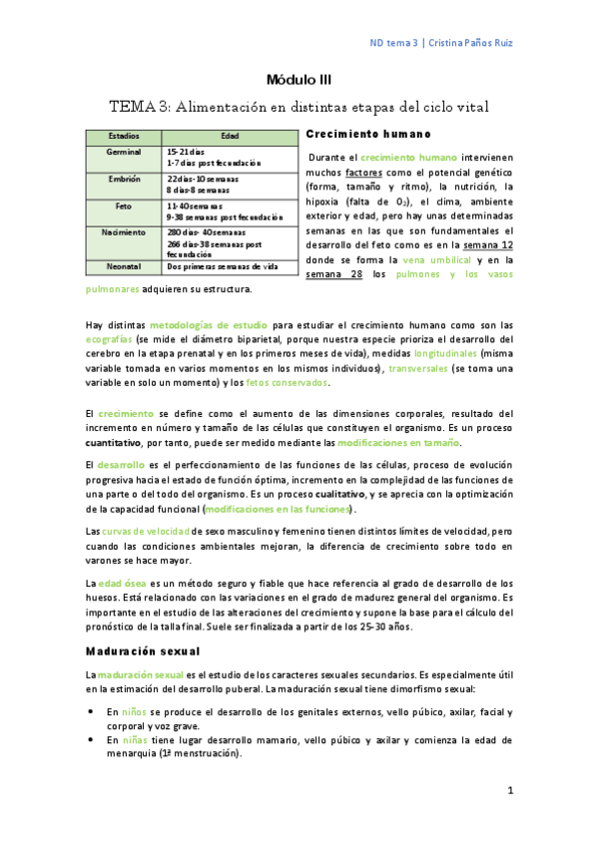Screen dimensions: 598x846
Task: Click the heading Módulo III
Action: point(299,79)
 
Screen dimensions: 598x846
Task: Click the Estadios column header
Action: point(124,136)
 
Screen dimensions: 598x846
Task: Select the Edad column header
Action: point(229,136)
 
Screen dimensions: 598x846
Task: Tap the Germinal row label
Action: point(124,151)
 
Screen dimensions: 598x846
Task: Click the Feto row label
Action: point(124,205)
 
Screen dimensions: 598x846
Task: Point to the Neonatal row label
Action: point(124,265)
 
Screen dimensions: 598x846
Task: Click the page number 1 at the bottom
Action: point(509,791)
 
